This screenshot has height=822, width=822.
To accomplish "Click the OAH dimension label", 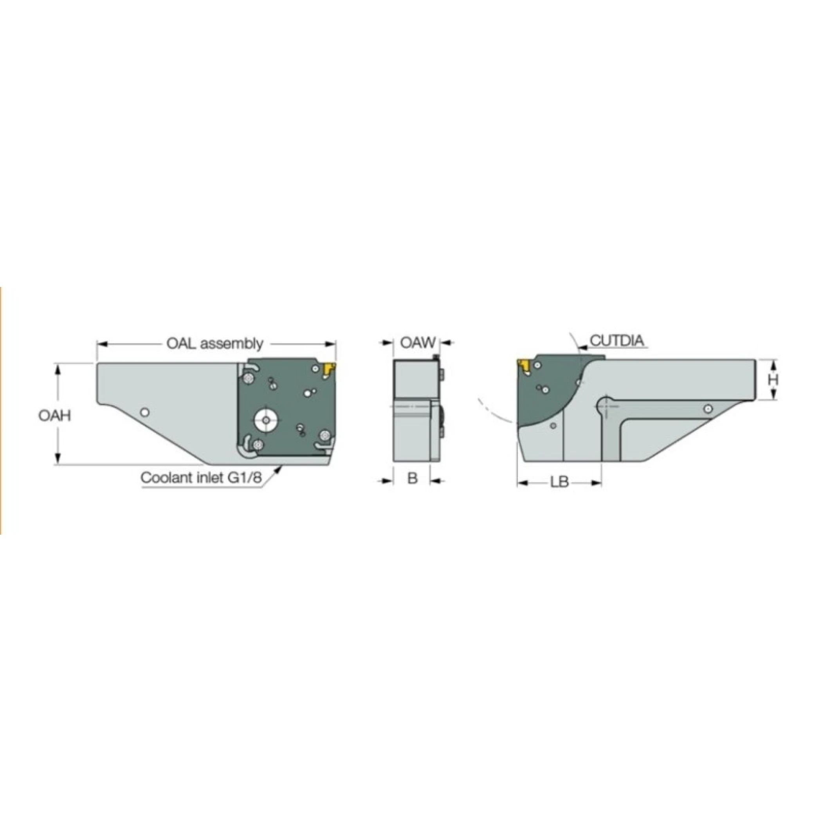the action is coord(54,415).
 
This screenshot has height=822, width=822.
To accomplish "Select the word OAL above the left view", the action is coord(181,343).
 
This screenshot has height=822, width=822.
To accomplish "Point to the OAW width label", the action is coord(418,342).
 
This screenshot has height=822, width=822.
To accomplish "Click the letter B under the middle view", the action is coord(412,478).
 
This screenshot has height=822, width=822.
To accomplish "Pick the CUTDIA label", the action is coord(617,341).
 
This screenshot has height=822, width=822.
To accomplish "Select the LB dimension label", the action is coord(559,483).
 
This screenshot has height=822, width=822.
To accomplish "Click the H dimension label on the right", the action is coord(773,380).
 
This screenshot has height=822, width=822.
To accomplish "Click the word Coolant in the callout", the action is coord(166,478).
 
